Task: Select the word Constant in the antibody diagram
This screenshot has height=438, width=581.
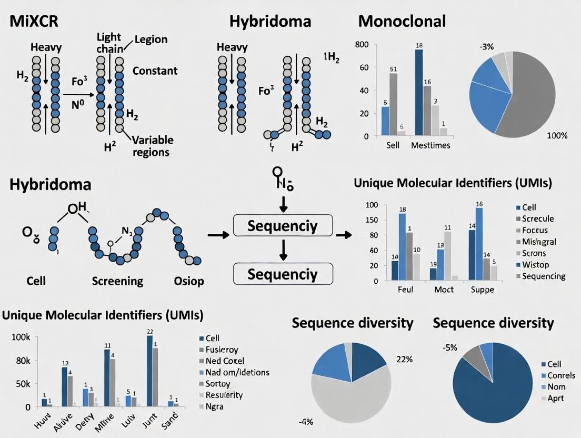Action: pos(155,71)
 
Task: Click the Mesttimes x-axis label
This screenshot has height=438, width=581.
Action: pos(430,145)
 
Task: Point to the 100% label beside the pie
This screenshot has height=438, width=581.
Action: pos(557,135)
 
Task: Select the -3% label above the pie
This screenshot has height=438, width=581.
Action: pos(486,47)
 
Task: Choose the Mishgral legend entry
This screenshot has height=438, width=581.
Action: pos(539,242)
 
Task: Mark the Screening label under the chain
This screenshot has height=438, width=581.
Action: pos(117,281)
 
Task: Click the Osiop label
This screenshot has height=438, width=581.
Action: pos(188,281)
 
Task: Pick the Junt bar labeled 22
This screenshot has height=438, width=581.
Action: pos(149,371)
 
